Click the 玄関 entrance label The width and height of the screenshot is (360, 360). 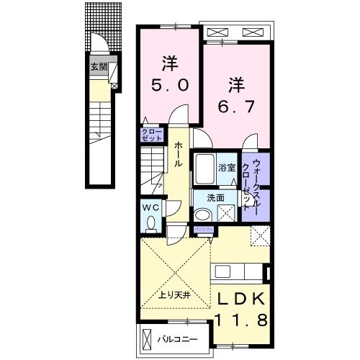(99, 66)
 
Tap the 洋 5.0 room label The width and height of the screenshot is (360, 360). (171, 73)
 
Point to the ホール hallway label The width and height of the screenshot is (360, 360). (178, 154)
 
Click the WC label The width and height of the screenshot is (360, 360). (150, 207)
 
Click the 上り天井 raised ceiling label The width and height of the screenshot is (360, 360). (172, 294)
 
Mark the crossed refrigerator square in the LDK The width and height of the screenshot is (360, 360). (259, 234)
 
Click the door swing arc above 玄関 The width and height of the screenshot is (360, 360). (104, 46)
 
